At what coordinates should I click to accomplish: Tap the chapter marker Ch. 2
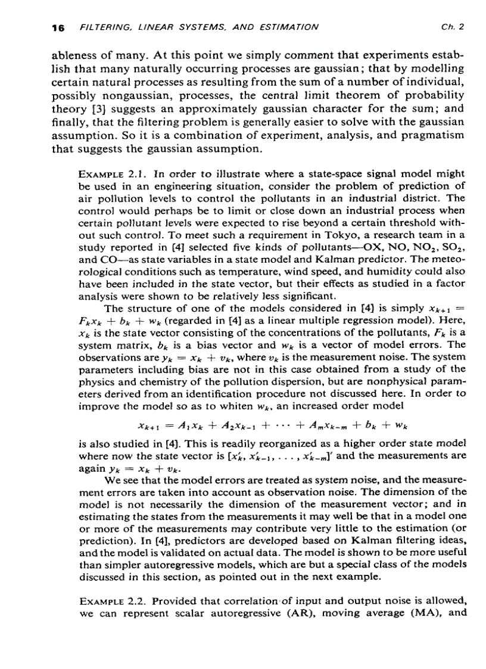(x=452, y=27)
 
